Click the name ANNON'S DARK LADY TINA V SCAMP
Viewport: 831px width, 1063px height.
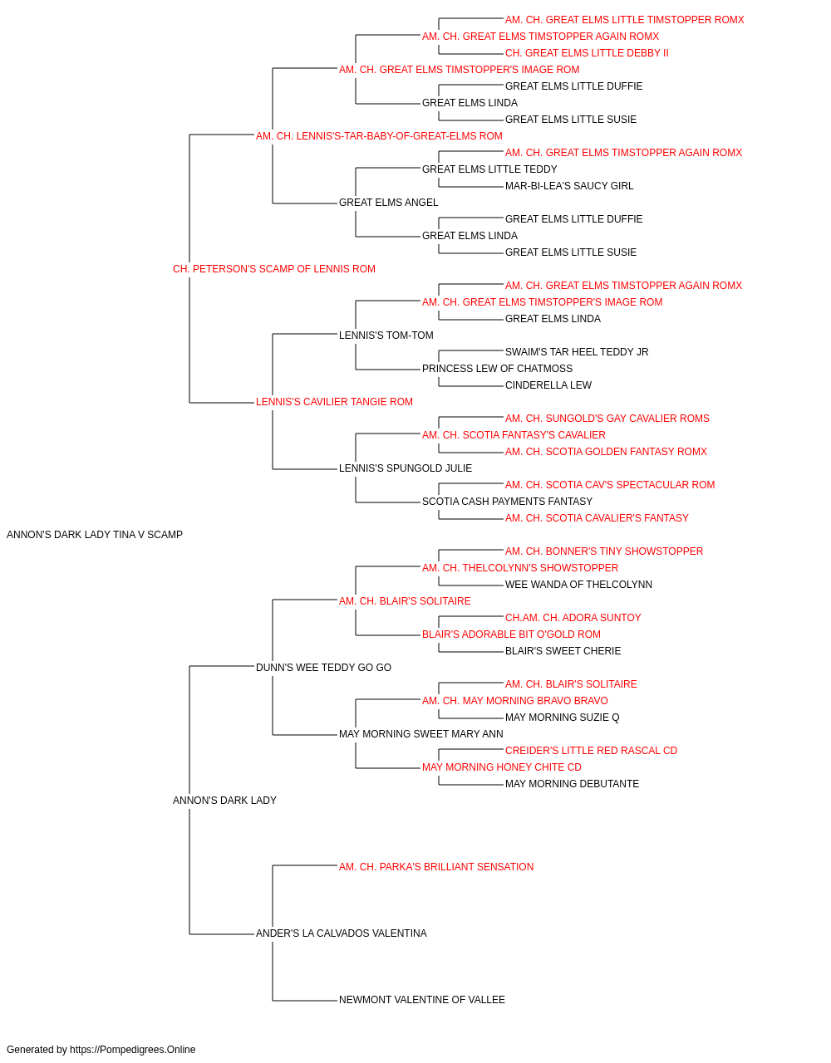click(95, 535)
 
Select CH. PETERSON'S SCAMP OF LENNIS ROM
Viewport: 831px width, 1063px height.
click(274, 269)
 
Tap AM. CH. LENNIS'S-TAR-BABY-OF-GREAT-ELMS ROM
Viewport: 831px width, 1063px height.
click(379, 136)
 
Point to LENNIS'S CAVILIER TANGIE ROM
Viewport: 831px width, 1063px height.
click(334, 402)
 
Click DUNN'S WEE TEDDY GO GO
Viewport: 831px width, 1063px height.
click(323, 667)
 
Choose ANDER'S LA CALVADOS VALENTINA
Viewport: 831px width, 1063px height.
click(341, 933)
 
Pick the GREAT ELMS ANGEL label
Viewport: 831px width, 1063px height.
click(389, 203)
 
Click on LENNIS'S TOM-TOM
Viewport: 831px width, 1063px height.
click(386, 336)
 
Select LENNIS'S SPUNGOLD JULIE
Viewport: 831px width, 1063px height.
click(406, 468)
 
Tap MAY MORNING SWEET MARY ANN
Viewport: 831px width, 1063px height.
click(420, 734)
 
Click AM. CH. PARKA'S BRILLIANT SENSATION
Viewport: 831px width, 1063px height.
click(436, 867)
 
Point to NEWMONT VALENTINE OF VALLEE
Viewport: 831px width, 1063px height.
click(422, 1000)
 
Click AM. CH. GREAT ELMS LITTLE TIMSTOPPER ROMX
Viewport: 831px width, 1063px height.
click(624, 20)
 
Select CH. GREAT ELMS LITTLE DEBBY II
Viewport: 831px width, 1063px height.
click(587, 53)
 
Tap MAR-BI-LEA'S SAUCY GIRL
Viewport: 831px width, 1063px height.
click(569, 186)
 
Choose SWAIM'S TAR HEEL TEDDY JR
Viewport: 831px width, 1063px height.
click(577, 352)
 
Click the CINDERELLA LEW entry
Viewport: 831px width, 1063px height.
click(548, 385)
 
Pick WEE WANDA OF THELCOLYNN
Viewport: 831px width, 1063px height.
click(578, 585)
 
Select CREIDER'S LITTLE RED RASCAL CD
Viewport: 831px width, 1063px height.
click(591, 751)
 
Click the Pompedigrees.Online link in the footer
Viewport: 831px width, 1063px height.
click(133, 1050)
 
